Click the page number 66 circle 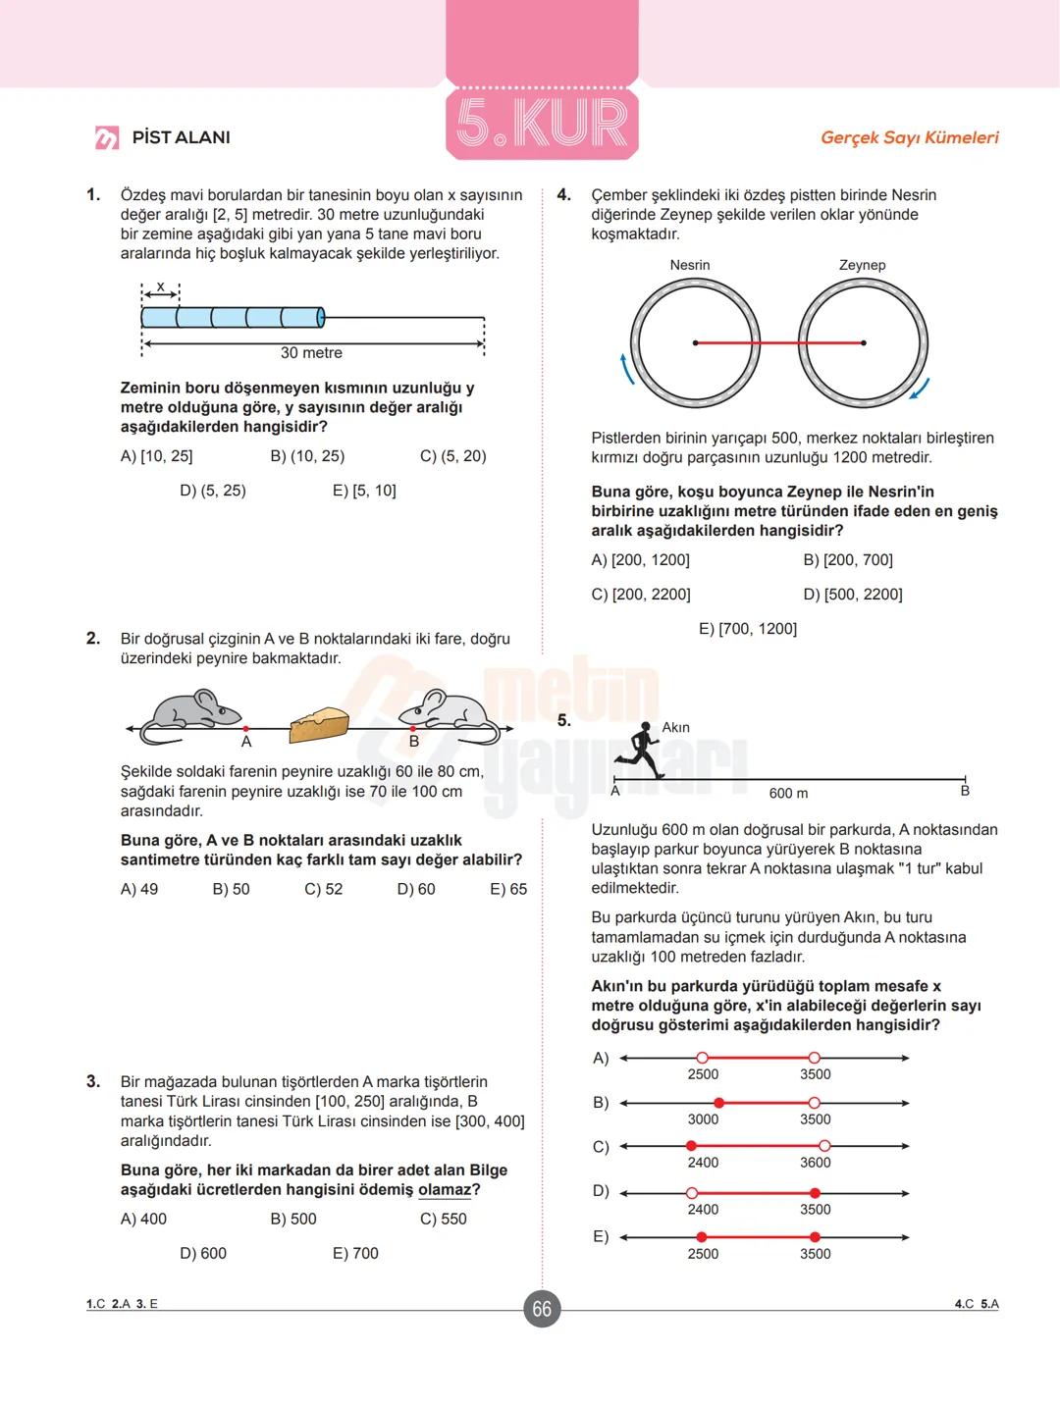pyautogui.click(x=542, y=1309)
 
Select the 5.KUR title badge pyautogui.click(x=542, y=123)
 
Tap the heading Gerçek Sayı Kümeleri pyautogui.click(x=909, y=137)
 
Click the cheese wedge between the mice pyautogui.click(x=319, y=725)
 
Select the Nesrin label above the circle pyautogui.click(x=690, y=265)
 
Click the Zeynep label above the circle pyautogui.click(x=862, y=265)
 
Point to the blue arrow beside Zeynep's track pyautogui.click(x=919, y=390)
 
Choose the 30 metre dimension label pyautogui.click(x=311, y=353)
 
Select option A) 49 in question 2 pyautogui.click(x=139, y=889)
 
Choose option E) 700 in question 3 pyautogui.click(x=355, y=1253)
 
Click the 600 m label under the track pyautogui.click(x=788, y=793)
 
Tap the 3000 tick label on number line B pyautogui.click(x=703, y=1119)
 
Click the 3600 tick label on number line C pyautogui.click(x=815, y=1163)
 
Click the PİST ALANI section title pyautogui.click(x=181, y=137)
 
